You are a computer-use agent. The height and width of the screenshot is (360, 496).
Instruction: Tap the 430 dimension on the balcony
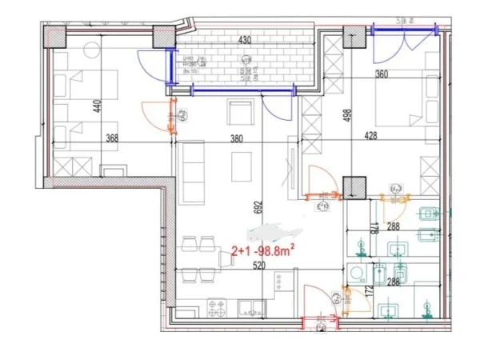245,41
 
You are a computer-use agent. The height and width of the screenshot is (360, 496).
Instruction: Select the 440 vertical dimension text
97,108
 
